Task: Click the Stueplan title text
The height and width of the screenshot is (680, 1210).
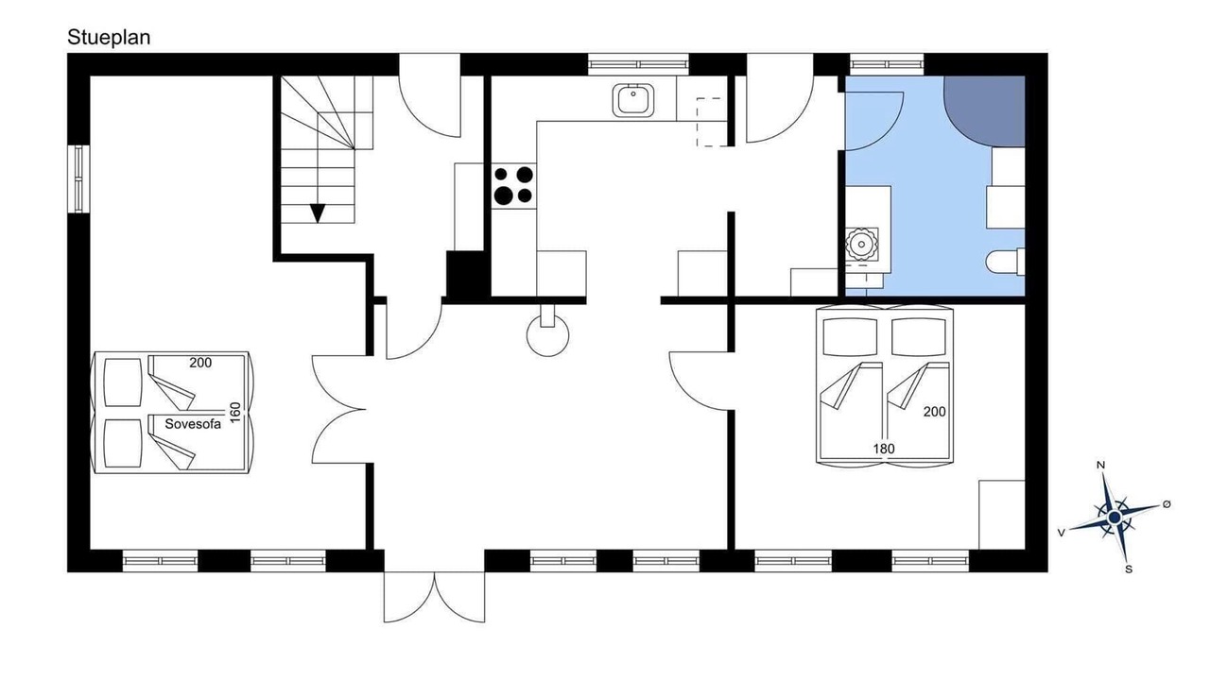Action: point(109,38)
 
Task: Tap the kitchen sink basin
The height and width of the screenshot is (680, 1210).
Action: point(633,100)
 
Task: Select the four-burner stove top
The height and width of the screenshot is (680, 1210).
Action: point(513,186)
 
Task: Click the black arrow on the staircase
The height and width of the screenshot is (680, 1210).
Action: point(318,213)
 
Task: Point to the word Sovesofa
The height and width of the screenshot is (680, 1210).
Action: point(193,424)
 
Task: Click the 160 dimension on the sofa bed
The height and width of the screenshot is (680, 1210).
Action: point(235,413)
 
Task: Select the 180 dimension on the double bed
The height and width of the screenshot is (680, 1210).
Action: point(884,449)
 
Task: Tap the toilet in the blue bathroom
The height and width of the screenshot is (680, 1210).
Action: point(1005,262)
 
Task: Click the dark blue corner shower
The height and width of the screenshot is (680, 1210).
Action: point(984,111)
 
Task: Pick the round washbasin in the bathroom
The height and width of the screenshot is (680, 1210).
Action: point(861,244)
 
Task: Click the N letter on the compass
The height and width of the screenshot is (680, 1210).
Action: point(1100,466)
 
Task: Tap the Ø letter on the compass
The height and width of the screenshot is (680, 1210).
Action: point(1167,504)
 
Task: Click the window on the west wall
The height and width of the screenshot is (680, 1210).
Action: point(78,178)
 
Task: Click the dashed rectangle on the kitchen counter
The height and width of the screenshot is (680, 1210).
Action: point(713,122)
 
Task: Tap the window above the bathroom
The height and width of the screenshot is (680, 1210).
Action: point(887,65)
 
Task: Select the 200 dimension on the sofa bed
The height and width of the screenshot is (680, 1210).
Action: point(200,364)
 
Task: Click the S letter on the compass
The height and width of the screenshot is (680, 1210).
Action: point(1129,569)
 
